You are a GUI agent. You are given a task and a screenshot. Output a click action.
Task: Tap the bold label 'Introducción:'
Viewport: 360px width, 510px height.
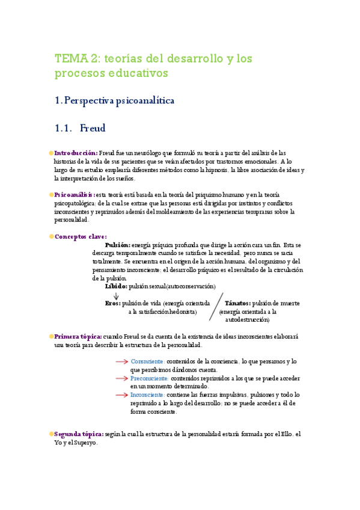(76, 153)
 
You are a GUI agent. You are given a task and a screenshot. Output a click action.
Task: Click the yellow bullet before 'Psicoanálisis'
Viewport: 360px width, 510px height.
(51, 195)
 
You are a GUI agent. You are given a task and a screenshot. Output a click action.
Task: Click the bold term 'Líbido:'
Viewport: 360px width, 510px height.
(118, 287)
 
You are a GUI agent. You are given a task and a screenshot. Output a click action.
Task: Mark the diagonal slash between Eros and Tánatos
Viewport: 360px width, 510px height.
(216, 309)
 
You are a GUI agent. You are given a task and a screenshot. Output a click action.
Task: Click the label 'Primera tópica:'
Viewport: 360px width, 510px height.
(78, 337)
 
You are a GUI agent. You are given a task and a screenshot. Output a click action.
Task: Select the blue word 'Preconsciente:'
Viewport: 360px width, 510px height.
(150, 378)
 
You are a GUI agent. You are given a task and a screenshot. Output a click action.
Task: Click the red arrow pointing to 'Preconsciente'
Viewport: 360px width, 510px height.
(121, 378)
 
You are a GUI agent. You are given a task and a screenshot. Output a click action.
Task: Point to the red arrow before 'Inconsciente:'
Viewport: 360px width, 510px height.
(121, 395)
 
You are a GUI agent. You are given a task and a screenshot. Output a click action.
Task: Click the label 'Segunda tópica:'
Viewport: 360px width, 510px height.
(78, 434)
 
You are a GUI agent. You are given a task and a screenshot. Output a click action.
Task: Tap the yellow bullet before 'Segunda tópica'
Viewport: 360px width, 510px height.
(51, 434)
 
